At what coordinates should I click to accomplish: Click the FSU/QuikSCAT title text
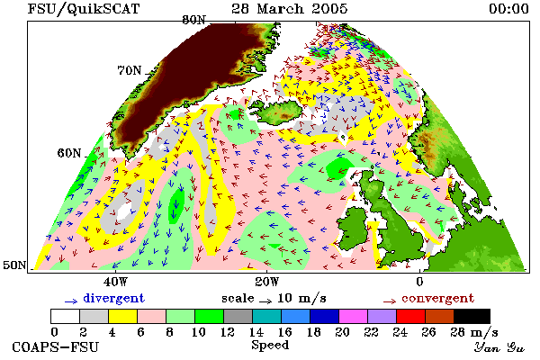[x=84, y=9]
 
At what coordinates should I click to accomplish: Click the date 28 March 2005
[x=289, y=8]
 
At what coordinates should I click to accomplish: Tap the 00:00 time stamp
[x=508, y=8]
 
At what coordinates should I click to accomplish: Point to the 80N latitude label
[x=193, y=20]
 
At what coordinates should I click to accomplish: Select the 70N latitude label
[x=130, y=70]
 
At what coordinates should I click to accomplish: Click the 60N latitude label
[x=69, y=153]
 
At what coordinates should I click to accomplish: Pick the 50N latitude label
[x=14, y=265]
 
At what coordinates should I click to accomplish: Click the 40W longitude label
[x=116, y=282]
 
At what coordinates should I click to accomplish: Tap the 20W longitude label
[x=267, y=282]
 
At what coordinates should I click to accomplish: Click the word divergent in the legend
[x=113, y=298]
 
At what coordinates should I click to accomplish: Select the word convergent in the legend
[x=437, y=298]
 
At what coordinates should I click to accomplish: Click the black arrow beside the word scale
[x=265, y=301]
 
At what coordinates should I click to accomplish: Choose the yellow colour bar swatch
[x=122, y=316]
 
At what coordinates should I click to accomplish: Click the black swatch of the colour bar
[x=472, y=316]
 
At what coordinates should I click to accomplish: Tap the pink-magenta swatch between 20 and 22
[x=354, y=316]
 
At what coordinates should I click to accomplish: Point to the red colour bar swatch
[x=411, y=316]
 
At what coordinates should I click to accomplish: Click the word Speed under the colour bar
[x=270, y=346]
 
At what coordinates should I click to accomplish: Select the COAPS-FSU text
[x=55, y=346]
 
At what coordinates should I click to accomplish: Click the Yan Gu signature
[x=499, y=347]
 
